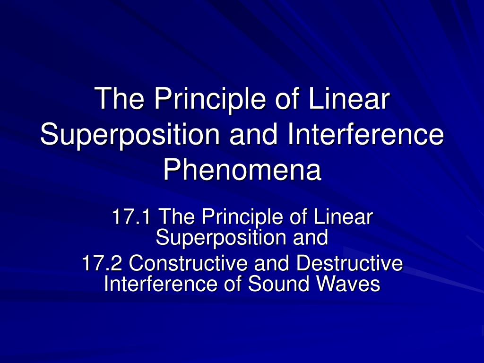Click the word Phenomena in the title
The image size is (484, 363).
pyautogui.click(x=242, y=170)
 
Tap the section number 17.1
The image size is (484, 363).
pyautogui.click(x=131, y=216)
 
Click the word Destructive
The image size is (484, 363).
pyautogui.click(x=349, y=263)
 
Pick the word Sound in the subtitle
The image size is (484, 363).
pyautogui.click(x=278, y=284)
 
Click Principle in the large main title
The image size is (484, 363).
pyautogui.click(x=210, y=99)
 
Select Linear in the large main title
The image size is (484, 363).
pyautogui.click(x=349, y=99)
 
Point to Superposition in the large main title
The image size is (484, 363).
pyautogui.click(x=130, y=135)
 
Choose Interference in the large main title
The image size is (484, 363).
pyautogui.click(x=366, y=135)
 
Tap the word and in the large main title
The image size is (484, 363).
pyautogui.click(x=254, y=135)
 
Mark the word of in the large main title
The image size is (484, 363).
pyautogui.click(x=286, y=99)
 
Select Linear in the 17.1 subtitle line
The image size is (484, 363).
pyautogui.click(x=343, y=216)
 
